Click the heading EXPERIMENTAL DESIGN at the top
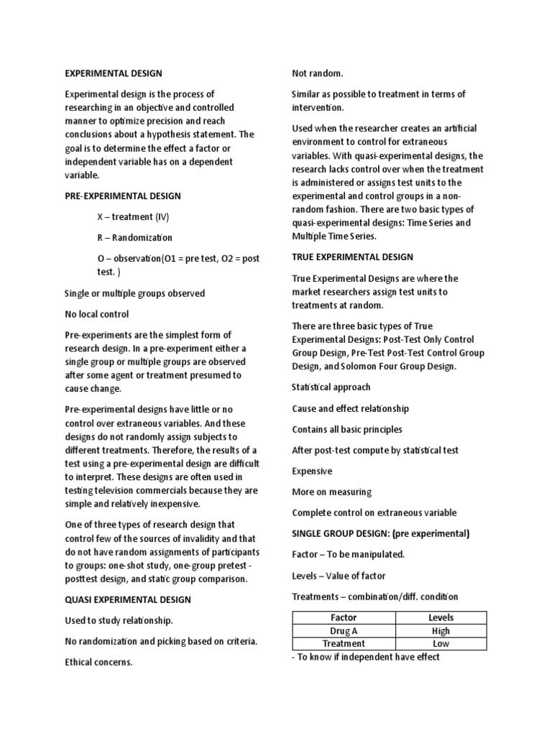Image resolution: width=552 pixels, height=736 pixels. pyautogui.click(x=114, y=73)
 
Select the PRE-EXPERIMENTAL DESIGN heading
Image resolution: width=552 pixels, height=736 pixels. pyautogui.click(x=123, y=196)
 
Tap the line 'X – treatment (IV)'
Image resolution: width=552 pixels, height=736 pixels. pyautogui.click(x=133, y=217)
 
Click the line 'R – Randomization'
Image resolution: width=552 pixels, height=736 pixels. pyautogui.click(x=134, y=237)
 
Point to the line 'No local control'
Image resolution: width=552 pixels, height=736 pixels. pyautogui.click(x=97, y=314)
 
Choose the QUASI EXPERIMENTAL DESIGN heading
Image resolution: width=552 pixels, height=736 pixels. pyautogui.click(x=128, y=599)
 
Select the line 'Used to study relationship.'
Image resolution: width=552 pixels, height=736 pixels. pyautogui.click(x=119, y=620)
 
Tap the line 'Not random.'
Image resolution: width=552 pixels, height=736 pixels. pyautogui.click(x=317, y=73)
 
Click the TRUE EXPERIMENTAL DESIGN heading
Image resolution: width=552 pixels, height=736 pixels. pyautogui.click(x=352, y=257)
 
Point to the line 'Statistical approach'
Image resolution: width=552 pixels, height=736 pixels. pyautogui.click(x=331, y=387)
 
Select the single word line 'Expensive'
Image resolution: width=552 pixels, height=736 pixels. pyautogui.click(x=312, y=471)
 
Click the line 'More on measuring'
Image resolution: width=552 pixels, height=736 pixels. pyautogui.click(x=331, y=492)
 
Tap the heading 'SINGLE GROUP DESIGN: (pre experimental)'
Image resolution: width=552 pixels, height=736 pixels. pyautogui.click(x=380, y=533)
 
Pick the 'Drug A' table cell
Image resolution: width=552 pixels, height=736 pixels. pyautogui.click(x=344, y=631)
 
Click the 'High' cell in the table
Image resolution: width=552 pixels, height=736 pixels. pyautogui.click(x=441, y=631)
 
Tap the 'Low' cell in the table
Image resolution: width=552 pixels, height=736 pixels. pyautogui.click(x=441, y=644)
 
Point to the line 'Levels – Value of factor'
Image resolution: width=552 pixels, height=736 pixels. pyautogui.click(x=339, y=576)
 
